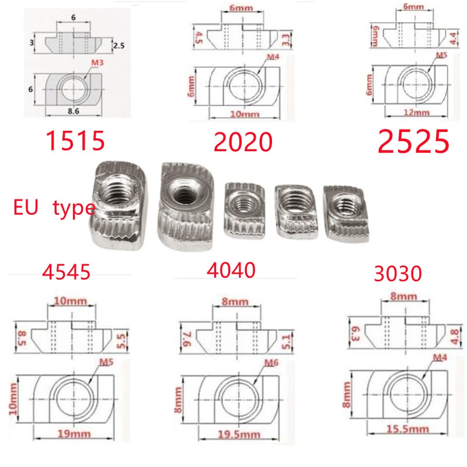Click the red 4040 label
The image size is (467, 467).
(231, 270)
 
